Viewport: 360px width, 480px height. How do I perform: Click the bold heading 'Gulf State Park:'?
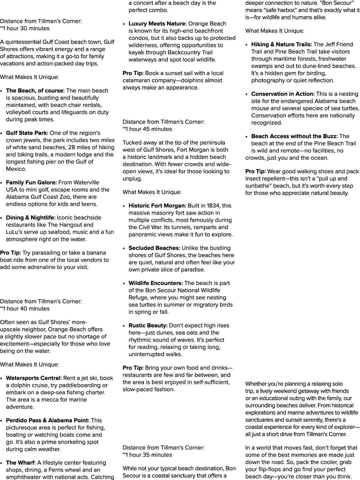(27, 133)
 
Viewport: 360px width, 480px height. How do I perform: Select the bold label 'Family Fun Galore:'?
(31, 183)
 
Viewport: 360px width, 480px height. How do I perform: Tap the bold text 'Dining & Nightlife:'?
(31, 218)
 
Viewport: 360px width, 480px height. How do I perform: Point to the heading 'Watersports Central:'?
(34, 378)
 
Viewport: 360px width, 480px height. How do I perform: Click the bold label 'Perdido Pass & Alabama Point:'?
(47, 420)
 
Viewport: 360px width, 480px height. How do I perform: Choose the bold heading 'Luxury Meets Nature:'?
(158, 24)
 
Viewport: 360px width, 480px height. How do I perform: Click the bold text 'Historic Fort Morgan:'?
(157, 206)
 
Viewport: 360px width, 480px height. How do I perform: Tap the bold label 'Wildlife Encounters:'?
(156, 283)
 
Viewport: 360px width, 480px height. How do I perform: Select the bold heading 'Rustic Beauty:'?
(148, 325)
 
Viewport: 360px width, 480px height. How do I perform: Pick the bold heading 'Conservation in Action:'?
(283, 94)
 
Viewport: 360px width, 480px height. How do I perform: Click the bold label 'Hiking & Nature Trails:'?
(281, 44)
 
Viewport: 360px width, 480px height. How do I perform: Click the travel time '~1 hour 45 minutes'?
(147, 129)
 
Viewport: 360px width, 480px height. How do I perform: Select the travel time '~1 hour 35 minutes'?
(147, 455)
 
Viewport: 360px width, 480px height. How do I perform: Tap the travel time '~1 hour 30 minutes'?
(25, 28)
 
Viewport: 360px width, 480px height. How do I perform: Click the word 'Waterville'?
(86, 183)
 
